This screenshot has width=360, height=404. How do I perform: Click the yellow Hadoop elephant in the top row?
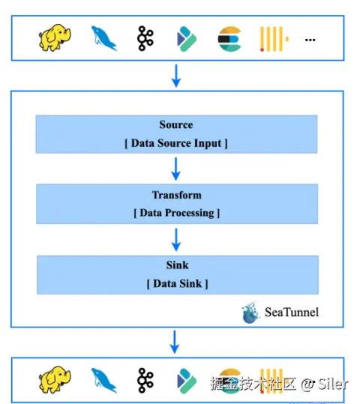pyautogui.click(x=55, y=37)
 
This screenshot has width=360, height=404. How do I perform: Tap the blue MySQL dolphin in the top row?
pyautogui.click(x=104, y=38)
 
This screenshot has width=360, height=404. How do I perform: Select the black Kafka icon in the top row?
pyautogui.click(x=145, y=38)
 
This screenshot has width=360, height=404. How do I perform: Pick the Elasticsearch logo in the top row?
pyautogui.click(x=229, y=39)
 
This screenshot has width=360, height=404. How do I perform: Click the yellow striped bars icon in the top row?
pyautogui.click(x=274, y=39)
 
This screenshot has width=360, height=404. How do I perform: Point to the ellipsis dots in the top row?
pyautogui.click(x=310, y=40)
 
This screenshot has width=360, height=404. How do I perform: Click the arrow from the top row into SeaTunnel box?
pyautogui.click(x=176, y=76)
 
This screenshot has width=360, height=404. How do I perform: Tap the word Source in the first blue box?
pyautogui.click(x=176, y=124)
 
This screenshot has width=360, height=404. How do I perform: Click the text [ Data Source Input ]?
pyautogui.click(x=176, y=143)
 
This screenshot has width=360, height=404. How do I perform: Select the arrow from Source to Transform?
pyautogui.click(x=175, y=169)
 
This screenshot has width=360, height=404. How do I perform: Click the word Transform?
pyautogui.click(x=177, y=195)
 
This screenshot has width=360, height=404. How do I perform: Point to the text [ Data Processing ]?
pyautogui.click(x=177, y=213)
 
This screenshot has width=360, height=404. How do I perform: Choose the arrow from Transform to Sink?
pyautogui.click(x=176, y=240)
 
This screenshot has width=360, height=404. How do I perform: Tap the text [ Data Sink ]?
pyautogui.click(x=178, y=283)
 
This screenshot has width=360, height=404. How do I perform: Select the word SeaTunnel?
pyautogui.click(x=292, y=312)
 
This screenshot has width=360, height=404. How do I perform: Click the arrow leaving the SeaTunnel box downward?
pyautogui.click(x=175, y=342)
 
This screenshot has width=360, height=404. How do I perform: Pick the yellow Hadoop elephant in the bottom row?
pyautogui.click(x=55, y=380)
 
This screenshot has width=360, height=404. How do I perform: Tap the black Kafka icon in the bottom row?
pyautogui.click(x=145, y=380)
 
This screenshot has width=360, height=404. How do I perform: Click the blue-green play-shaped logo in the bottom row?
pyautogui.click(x=187, y=381)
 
